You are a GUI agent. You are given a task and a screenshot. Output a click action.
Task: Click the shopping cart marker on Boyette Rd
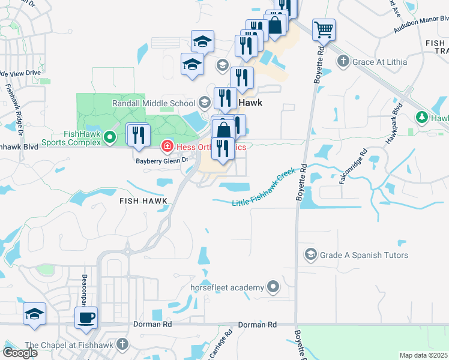pyautogui.click(x=324, y=29)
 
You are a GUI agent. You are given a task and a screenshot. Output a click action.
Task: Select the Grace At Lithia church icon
pyautogui.click(x=343, y=61)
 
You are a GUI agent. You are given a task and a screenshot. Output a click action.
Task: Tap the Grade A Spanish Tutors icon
pyautogui.click(x=310, y=255)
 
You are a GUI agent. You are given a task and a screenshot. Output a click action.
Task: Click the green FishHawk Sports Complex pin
pyautogui.click(x=109, y=138)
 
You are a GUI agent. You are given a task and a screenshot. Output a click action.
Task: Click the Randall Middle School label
pyautogui.click(x=154, y=103)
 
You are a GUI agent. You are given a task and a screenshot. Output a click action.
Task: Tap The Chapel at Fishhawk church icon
pyautogui.click(x=123, y=344)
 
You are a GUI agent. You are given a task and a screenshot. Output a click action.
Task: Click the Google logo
pyautogui.click(x=20, y=353)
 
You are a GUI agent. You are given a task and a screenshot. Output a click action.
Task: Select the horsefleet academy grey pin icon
pyautogui.click(x=274, y=287)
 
